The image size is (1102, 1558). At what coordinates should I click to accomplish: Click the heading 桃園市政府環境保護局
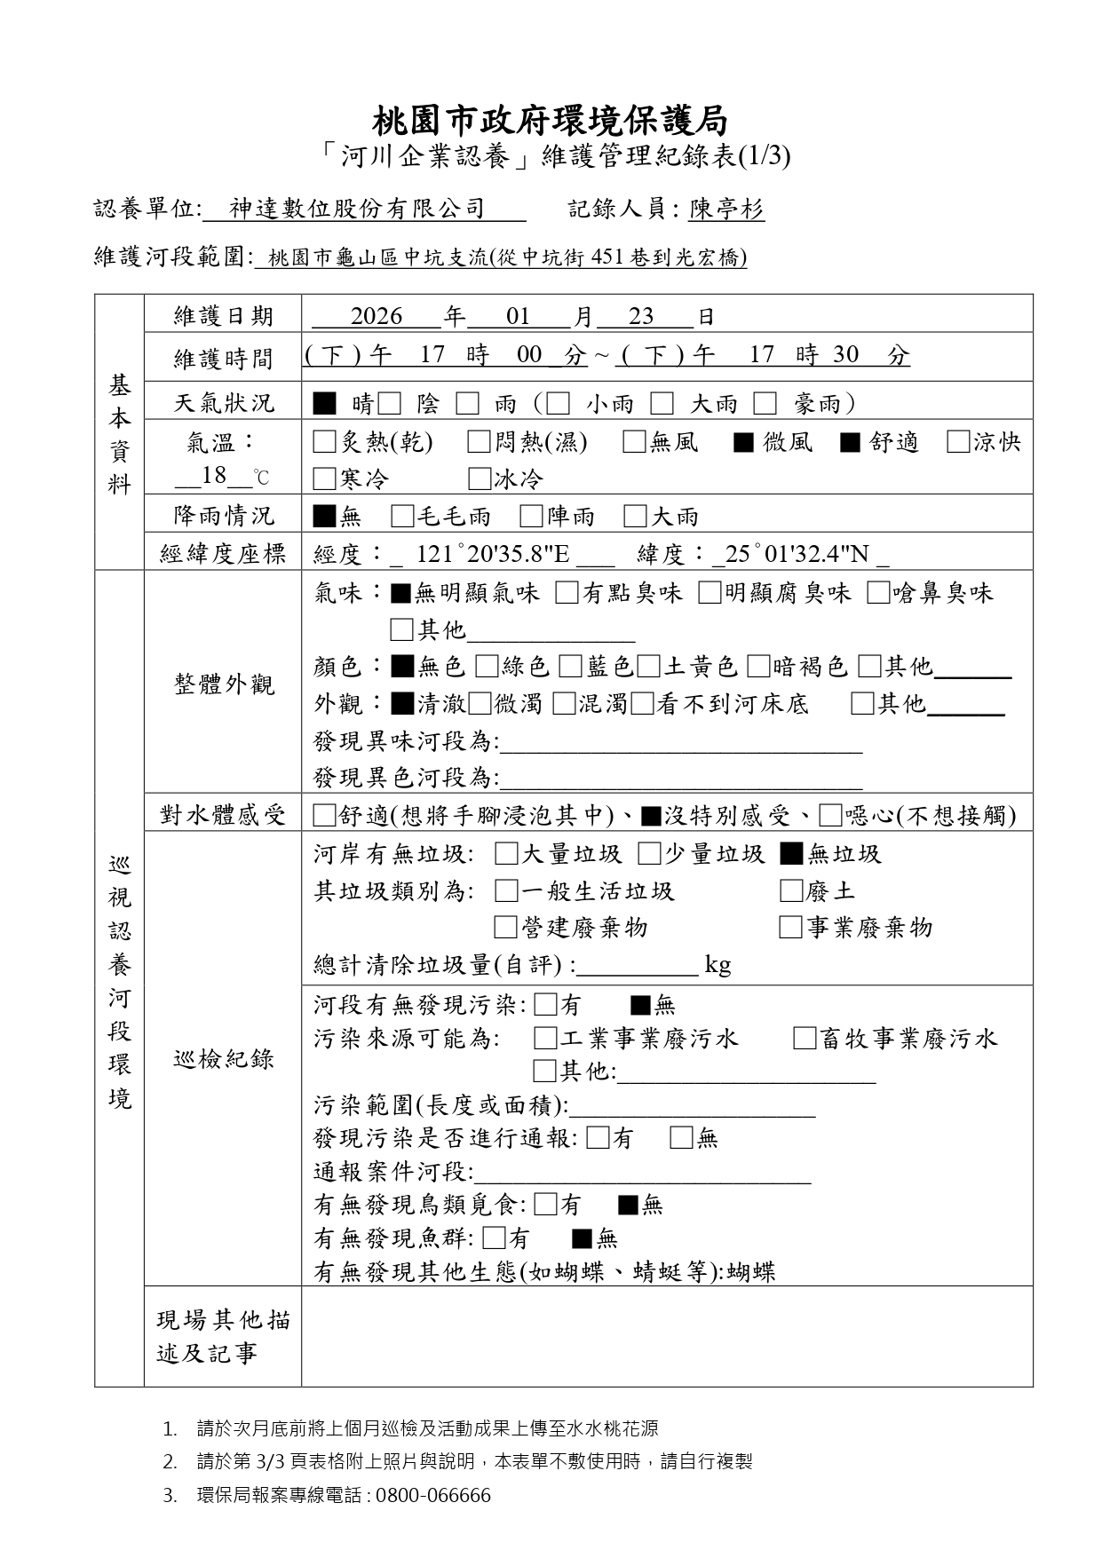[x=550, y=120]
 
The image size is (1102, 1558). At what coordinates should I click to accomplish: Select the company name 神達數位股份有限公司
[x=357, y=209]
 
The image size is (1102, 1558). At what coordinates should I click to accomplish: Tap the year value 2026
[x=377, y=316]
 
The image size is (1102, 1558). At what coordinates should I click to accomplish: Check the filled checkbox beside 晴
[x=324, y=404]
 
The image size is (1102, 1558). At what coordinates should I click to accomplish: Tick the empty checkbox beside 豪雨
[x=765, y=404]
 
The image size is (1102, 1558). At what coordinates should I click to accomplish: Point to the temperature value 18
[x=214, y=475]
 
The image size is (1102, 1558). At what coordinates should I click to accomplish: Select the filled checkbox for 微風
[x=744, y=442]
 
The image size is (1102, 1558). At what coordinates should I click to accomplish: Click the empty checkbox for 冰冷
[x=480, y=479]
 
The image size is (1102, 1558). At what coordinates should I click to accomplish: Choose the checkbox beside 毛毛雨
[x=402, y=516]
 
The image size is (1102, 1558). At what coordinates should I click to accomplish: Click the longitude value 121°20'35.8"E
[x=493, y=554]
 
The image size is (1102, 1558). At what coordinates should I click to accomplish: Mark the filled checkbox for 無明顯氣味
[x=400, y=593]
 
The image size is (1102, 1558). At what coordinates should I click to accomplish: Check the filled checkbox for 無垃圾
[x=791, y=854]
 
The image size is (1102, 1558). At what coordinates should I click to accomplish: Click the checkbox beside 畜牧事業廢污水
[x=805, y=1038]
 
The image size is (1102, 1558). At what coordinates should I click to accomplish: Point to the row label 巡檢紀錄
[x=224, y=1058]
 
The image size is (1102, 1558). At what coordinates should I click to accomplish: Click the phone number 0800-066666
[x=433, y=1496]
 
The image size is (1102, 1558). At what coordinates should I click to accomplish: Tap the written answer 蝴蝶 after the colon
[x=751, y=1271]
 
